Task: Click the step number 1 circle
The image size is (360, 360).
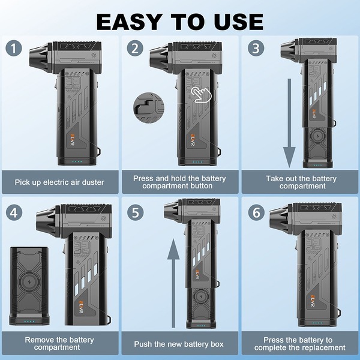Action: [14, 49]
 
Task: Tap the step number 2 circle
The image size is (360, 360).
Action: [135, 48]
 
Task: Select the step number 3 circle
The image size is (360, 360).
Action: [256, 48]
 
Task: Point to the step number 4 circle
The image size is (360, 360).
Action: [14, 212]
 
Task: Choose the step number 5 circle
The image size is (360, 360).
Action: [135, 212]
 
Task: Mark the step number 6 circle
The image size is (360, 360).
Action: [256, 212]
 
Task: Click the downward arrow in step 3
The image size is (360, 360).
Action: [289, 123]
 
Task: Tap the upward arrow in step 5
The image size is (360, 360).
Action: [173, 283]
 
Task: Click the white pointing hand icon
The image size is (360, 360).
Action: [201, 94]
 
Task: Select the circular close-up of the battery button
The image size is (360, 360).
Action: [149, 108]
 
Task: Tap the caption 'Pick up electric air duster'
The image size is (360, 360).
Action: [59, 182]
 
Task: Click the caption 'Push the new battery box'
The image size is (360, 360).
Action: [179, 344]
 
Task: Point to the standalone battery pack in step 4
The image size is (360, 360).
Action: [29, 286]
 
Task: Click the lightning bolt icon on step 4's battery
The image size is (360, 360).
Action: [29, 282]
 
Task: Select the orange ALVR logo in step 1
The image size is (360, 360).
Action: [71, 140]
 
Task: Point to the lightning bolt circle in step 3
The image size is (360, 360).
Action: [318, 137]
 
